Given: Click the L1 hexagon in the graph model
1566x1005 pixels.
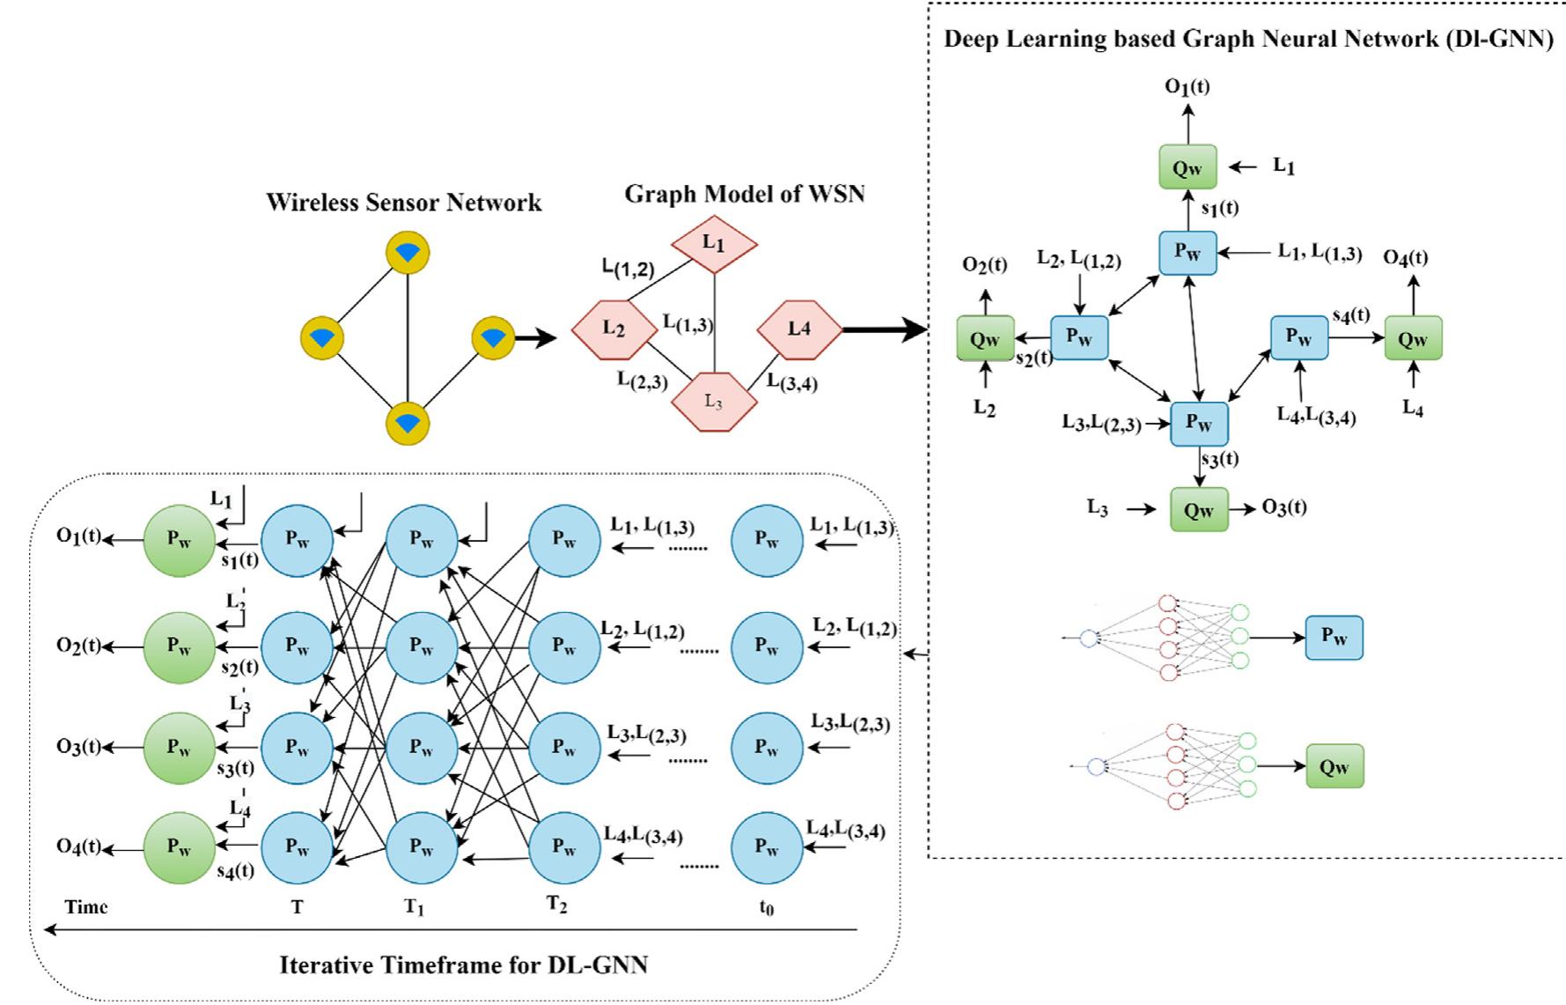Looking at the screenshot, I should [x=714, y=243].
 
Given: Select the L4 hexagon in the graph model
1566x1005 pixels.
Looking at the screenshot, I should [x=799, y=329].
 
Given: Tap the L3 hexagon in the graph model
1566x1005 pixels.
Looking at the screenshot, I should [x=714, y=402].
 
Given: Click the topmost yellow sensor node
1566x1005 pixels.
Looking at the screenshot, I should [x=408, y=254].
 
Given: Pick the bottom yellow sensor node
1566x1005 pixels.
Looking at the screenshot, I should [x=408, y=423].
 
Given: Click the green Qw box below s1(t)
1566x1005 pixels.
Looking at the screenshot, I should [x=1187, y=167].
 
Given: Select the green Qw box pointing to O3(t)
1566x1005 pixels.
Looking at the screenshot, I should [x=1199, y=509].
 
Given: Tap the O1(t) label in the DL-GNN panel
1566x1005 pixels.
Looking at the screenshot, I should [x=1187, y=86].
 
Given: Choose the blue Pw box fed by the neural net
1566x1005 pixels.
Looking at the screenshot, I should [x=1334, y=638].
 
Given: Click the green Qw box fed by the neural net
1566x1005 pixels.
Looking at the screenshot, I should [x=1334, y=765].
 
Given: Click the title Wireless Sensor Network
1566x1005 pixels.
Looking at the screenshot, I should [x=404, y=203].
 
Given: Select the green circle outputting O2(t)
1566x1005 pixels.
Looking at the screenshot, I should [x=180, y=647].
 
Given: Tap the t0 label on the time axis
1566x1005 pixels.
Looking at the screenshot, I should [x=767, y=907].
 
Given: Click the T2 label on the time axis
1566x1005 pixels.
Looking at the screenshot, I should [x=557, y=905].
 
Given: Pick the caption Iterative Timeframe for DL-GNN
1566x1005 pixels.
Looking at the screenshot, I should [x=463, y=964].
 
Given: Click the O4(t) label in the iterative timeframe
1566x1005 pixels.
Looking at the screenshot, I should [x=79, y=846].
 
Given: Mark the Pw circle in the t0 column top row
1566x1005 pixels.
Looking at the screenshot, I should [x=767, y=540].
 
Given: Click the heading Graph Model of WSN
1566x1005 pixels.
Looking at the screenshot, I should [x=745, y=194].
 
